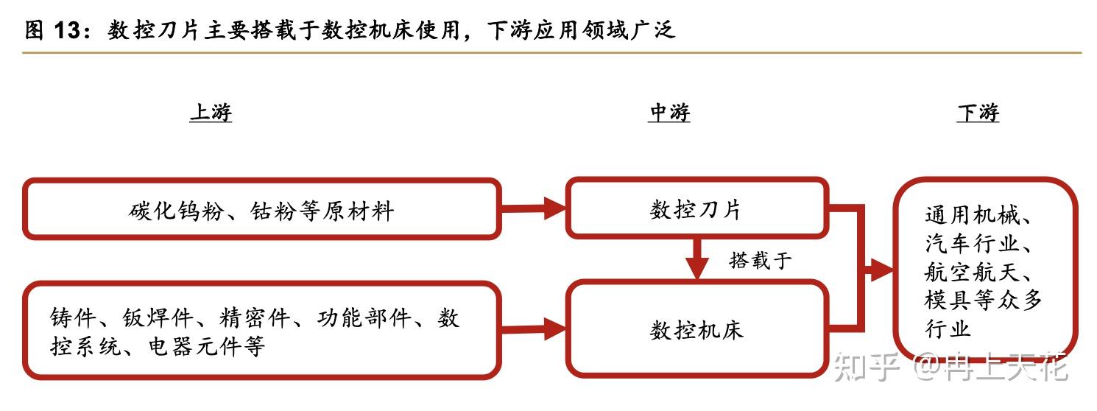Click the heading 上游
point(211,113)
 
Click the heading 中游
point(669,113)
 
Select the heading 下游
point(978,113)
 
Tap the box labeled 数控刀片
point(696,209)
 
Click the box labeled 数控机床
point(696,329)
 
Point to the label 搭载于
point(761,260)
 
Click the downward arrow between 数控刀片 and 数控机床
point(696,260)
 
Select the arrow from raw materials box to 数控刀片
point(534,209)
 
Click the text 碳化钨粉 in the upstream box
point(174,211)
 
